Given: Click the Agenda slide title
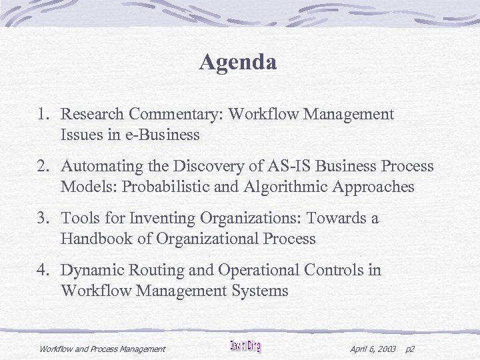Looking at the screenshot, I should (x=238, y=63).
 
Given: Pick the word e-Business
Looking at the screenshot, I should (x=163, y=135).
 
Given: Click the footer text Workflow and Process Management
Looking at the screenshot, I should (x=102, y=349).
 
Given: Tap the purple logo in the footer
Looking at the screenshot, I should (x=245, y=347).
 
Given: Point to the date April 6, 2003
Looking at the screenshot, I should (x=373, y=349).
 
